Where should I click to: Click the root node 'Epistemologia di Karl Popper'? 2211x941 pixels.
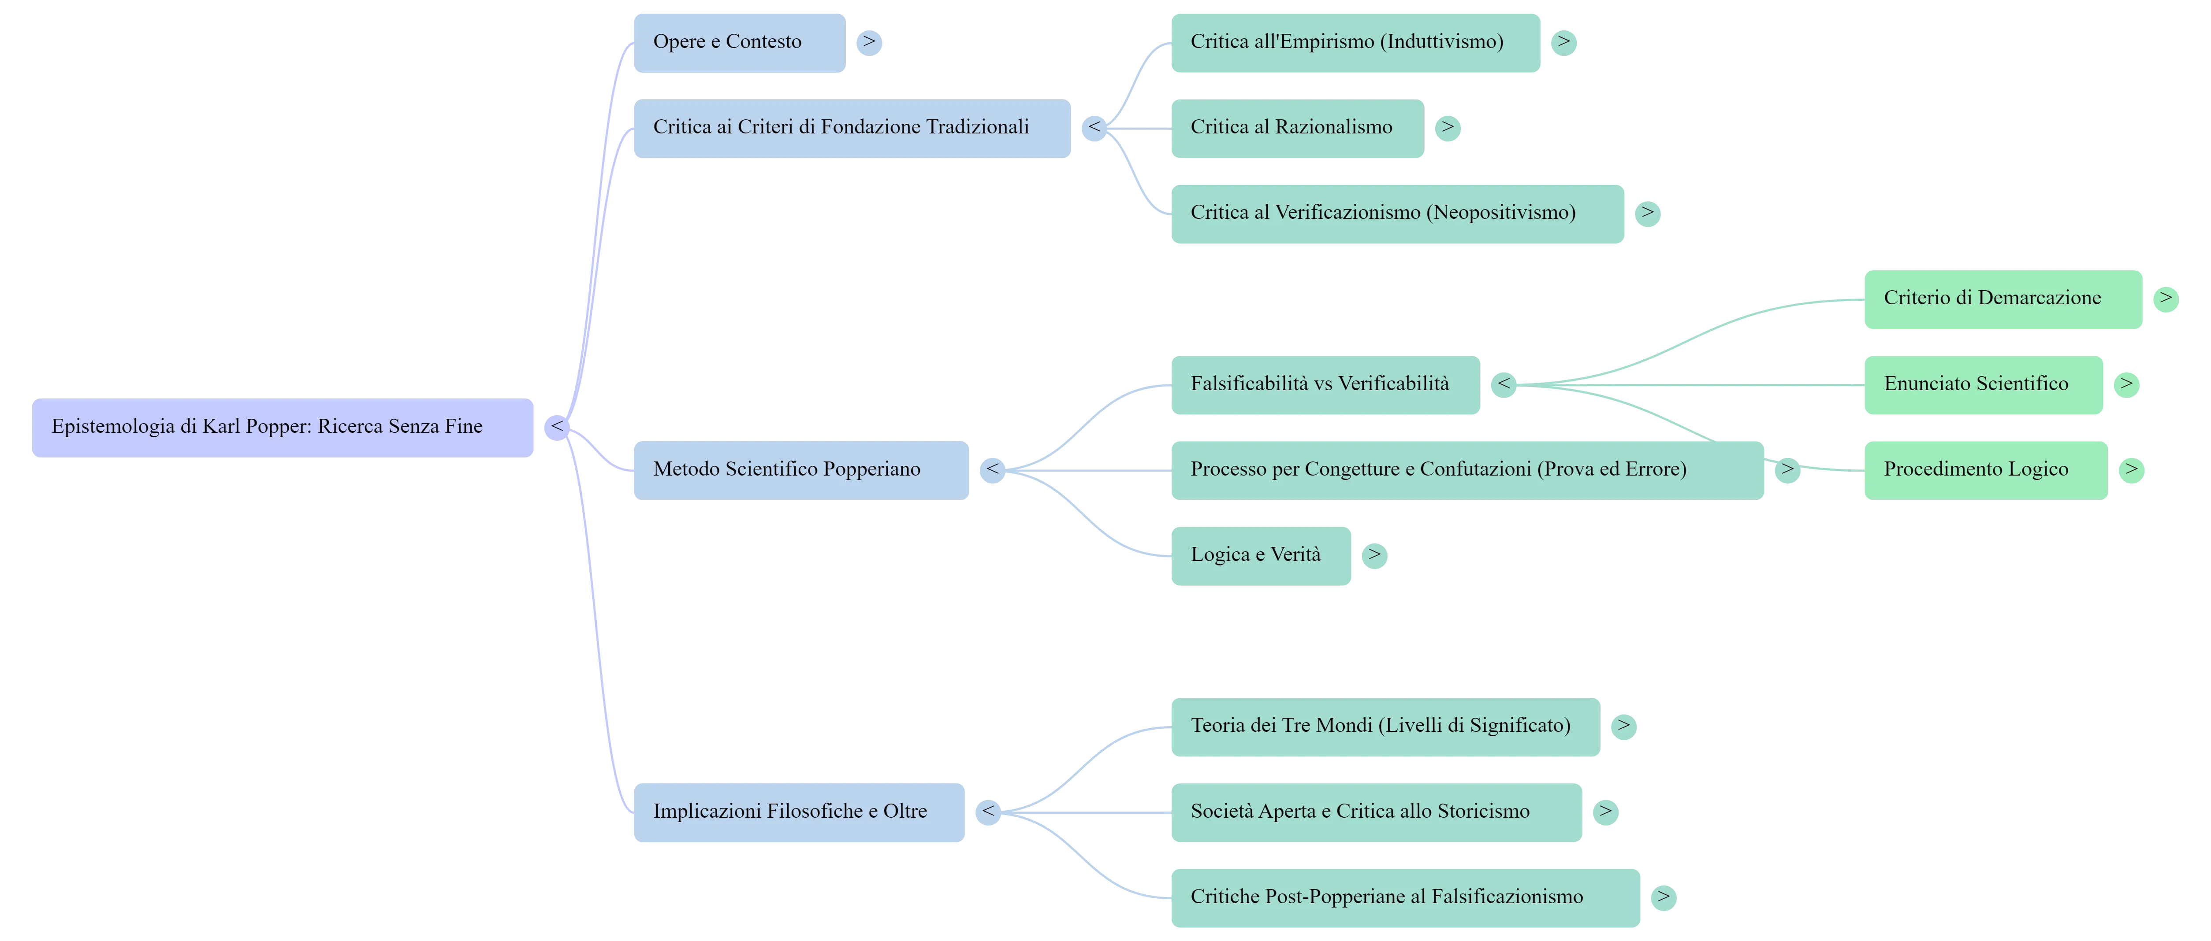(283, 427)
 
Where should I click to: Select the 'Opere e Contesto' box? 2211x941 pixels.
(739, 43)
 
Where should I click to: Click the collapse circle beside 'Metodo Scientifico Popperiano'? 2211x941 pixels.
(992, 470)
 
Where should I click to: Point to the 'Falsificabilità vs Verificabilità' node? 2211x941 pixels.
(1325, 385)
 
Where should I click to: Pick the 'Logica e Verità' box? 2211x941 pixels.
(1261, 556)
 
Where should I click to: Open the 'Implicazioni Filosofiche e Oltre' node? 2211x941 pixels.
(799, 812)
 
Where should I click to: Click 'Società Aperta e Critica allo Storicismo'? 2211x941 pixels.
(1376, 812)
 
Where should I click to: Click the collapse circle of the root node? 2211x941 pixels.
(557, 427)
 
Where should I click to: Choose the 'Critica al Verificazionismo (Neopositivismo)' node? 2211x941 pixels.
(1397, 214)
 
